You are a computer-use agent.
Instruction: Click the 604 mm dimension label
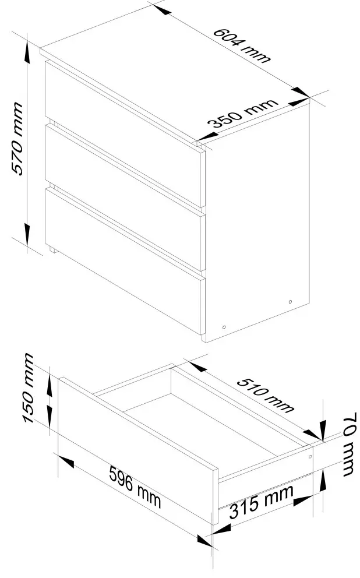pyautogui.click(x=242, y=45)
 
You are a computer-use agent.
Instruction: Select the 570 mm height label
pyautogui.click(x=17, y=138)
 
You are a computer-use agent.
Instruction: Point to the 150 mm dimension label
pyautogui.click(x=29, y=388)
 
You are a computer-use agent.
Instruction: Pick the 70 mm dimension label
pyautogui.click(x=350, y=444)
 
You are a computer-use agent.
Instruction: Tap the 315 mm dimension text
pyautogui.click(x=261, y=502)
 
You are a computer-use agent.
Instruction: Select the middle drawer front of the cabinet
pyautogui.click(x=124, y=198)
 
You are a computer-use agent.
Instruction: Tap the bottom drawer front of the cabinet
pyautogui.click(x=124, y=262)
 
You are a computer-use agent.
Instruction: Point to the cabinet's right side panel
pyautogui.click(x=257, y=221)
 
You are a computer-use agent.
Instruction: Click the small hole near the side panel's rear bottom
pyautogui.click(x=290, y=302)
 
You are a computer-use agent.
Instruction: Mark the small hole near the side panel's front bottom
pyautogui.click(x=224, y=327)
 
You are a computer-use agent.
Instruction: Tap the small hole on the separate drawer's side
pyautogui.click(x=310, y=457)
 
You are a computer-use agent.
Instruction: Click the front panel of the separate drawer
pyautogui.click(x=137, y=450)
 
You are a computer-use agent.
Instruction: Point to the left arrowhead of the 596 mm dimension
pyautogui.click(x=66, y=461)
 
